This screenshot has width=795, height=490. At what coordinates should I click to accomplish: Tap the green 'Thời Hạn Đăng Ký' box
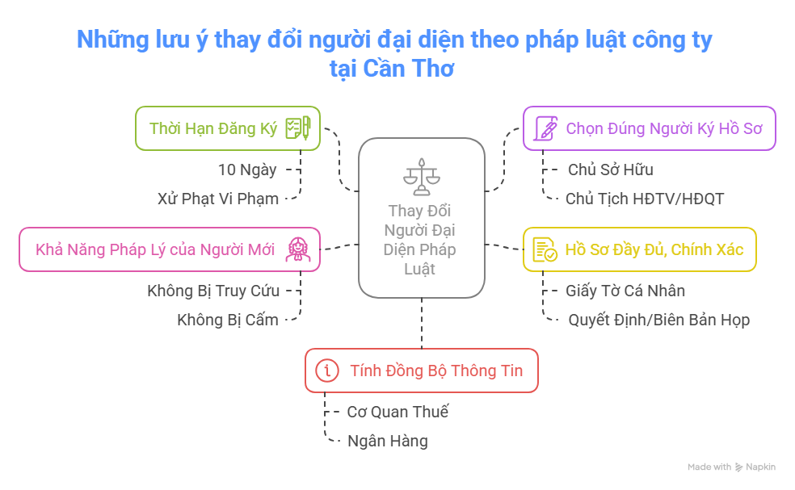click(227, 128)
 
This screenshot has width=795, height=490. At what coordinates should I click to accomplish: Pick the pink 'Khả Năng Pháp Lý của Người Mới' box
click(169, 249)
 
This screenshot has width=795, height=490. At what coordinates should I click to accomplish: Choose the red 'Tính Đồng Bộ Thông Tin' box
click(421, 371)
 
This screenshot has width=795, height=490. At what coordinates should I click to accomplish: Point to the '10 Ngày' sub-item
click(247, 170)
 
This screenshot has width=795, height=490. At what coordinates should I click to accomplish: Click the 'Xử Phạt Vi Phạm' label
click(218, 199)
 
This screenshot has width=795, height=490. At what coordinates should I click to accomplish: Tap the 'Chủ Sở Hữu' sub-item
click(610, 170)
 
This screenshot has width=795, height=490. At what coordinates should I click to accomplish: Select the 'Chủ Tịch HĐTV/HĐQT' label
click(645, 199)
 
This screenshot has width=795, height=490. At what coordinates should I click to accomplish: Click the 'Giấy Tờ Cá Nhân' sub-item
click(625, 291)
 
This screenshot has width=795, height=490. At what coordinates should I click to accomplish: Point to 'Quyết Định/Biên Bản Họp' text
click(658, 320)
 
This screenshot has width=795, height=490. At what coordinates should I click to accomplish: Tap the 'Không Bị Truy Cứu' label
click(213, 291)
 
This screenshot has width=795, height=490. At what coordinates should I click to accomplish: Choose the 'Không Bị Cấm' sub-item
click(228, 320)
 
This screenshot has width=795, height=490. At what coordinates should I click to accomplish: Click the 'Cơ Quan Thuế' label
click(397, 412)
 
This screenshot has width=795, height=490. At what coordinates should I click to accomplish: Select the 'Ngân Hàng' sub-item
click(387, 441)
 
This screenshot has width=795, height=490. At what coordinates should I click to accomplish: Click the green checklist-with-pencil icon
click(298, 128)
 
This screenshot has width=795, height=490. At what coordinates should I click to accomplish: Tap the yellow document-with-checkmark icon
click(545, 249)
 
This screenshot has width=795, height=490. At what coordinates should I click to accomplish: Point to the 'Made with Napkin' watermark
click(731, 467)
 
